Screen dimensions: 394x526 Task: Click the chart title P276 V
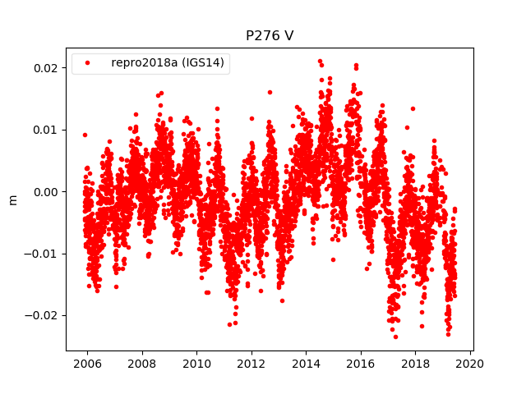click(x=270, y=36)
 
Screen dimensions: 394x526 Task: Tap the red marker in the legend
click(x=89, y=63)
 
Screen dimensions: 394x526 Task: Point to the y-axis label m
click(x=12, y=199)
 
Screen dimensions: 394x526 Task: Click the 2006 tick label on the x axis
click(x=87, y=367)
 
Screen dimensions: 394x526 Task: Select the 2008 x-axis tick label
click(x=142, y=367)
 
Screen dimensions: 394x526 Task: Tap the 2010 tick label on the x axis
click(x=196, y=367)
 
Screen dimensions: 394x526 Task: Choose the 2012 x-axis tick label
click(x=251, y=367)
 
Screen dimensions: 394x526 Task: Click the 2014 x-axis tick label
click(x=307, y=367)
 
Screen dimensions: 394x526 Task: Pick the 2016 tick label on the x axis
click(x=361, y=367)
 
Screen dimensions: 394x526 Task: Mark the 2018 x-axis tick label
click(x=416, y=367)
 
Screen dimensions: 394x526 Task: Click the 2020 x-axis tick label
click(x=470, y=367)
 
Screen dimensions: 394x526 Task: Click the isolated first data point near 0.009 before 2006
click(x=85, y=135)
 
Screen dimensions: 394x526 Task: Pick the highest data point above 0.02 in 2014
click(x=320, y=61)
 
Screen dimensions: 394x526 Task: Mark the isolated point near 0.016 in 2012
click(x=270, y=92)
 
